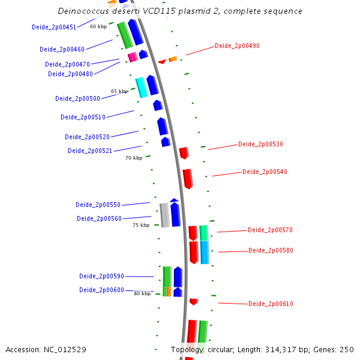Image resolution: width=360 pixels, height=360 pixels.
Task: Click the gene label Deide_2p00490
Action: coord(237,46)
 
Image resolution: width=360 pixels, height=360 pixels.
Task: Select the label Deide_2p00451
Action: coord(54,27)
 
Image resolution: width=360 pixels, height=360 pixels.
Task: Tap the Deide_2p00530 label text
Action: coord(260,144)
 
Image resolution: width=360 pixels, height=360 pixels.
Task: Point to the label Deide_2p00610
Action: coord(271,304)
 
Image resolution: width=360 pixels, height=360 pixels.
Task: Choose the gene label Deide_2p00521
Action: coord(90,151)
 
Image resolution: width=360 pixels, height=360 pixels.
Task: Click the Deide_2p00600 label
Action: coord(101,290)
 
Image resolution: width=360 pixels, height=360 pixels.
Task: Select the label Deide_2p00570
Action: coord(270,230)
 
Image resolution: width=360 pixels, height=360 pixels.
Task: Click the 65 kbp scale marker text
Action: coord(119,92)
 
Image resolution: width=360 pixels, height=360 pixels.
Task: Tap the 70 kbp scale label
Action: coord(134,158)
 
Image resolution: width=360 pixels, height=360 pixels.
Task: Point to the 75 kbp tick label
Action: coord(141,225)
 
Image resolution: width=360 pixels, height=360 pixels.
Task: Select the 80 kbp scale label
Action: coord(142,293)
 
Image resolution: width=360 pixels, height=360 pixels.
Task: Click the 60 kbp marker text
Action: coord(98,26)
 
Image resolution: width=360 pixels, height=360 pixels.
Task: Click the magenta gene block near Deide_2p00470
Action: coord(133,57)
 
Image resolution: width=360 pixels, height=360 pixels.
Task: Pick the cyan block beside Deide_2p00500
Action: coord(142,87)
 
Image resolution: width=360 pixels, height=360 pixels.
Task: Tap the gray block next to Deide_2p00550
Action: coord(164,215)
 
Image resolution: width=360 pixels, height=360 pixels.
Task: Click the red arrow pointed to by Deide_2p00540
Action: coord(188,178)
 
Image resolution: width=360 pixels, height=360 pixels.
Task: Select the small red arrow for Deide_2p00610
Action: coord(193,301)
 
